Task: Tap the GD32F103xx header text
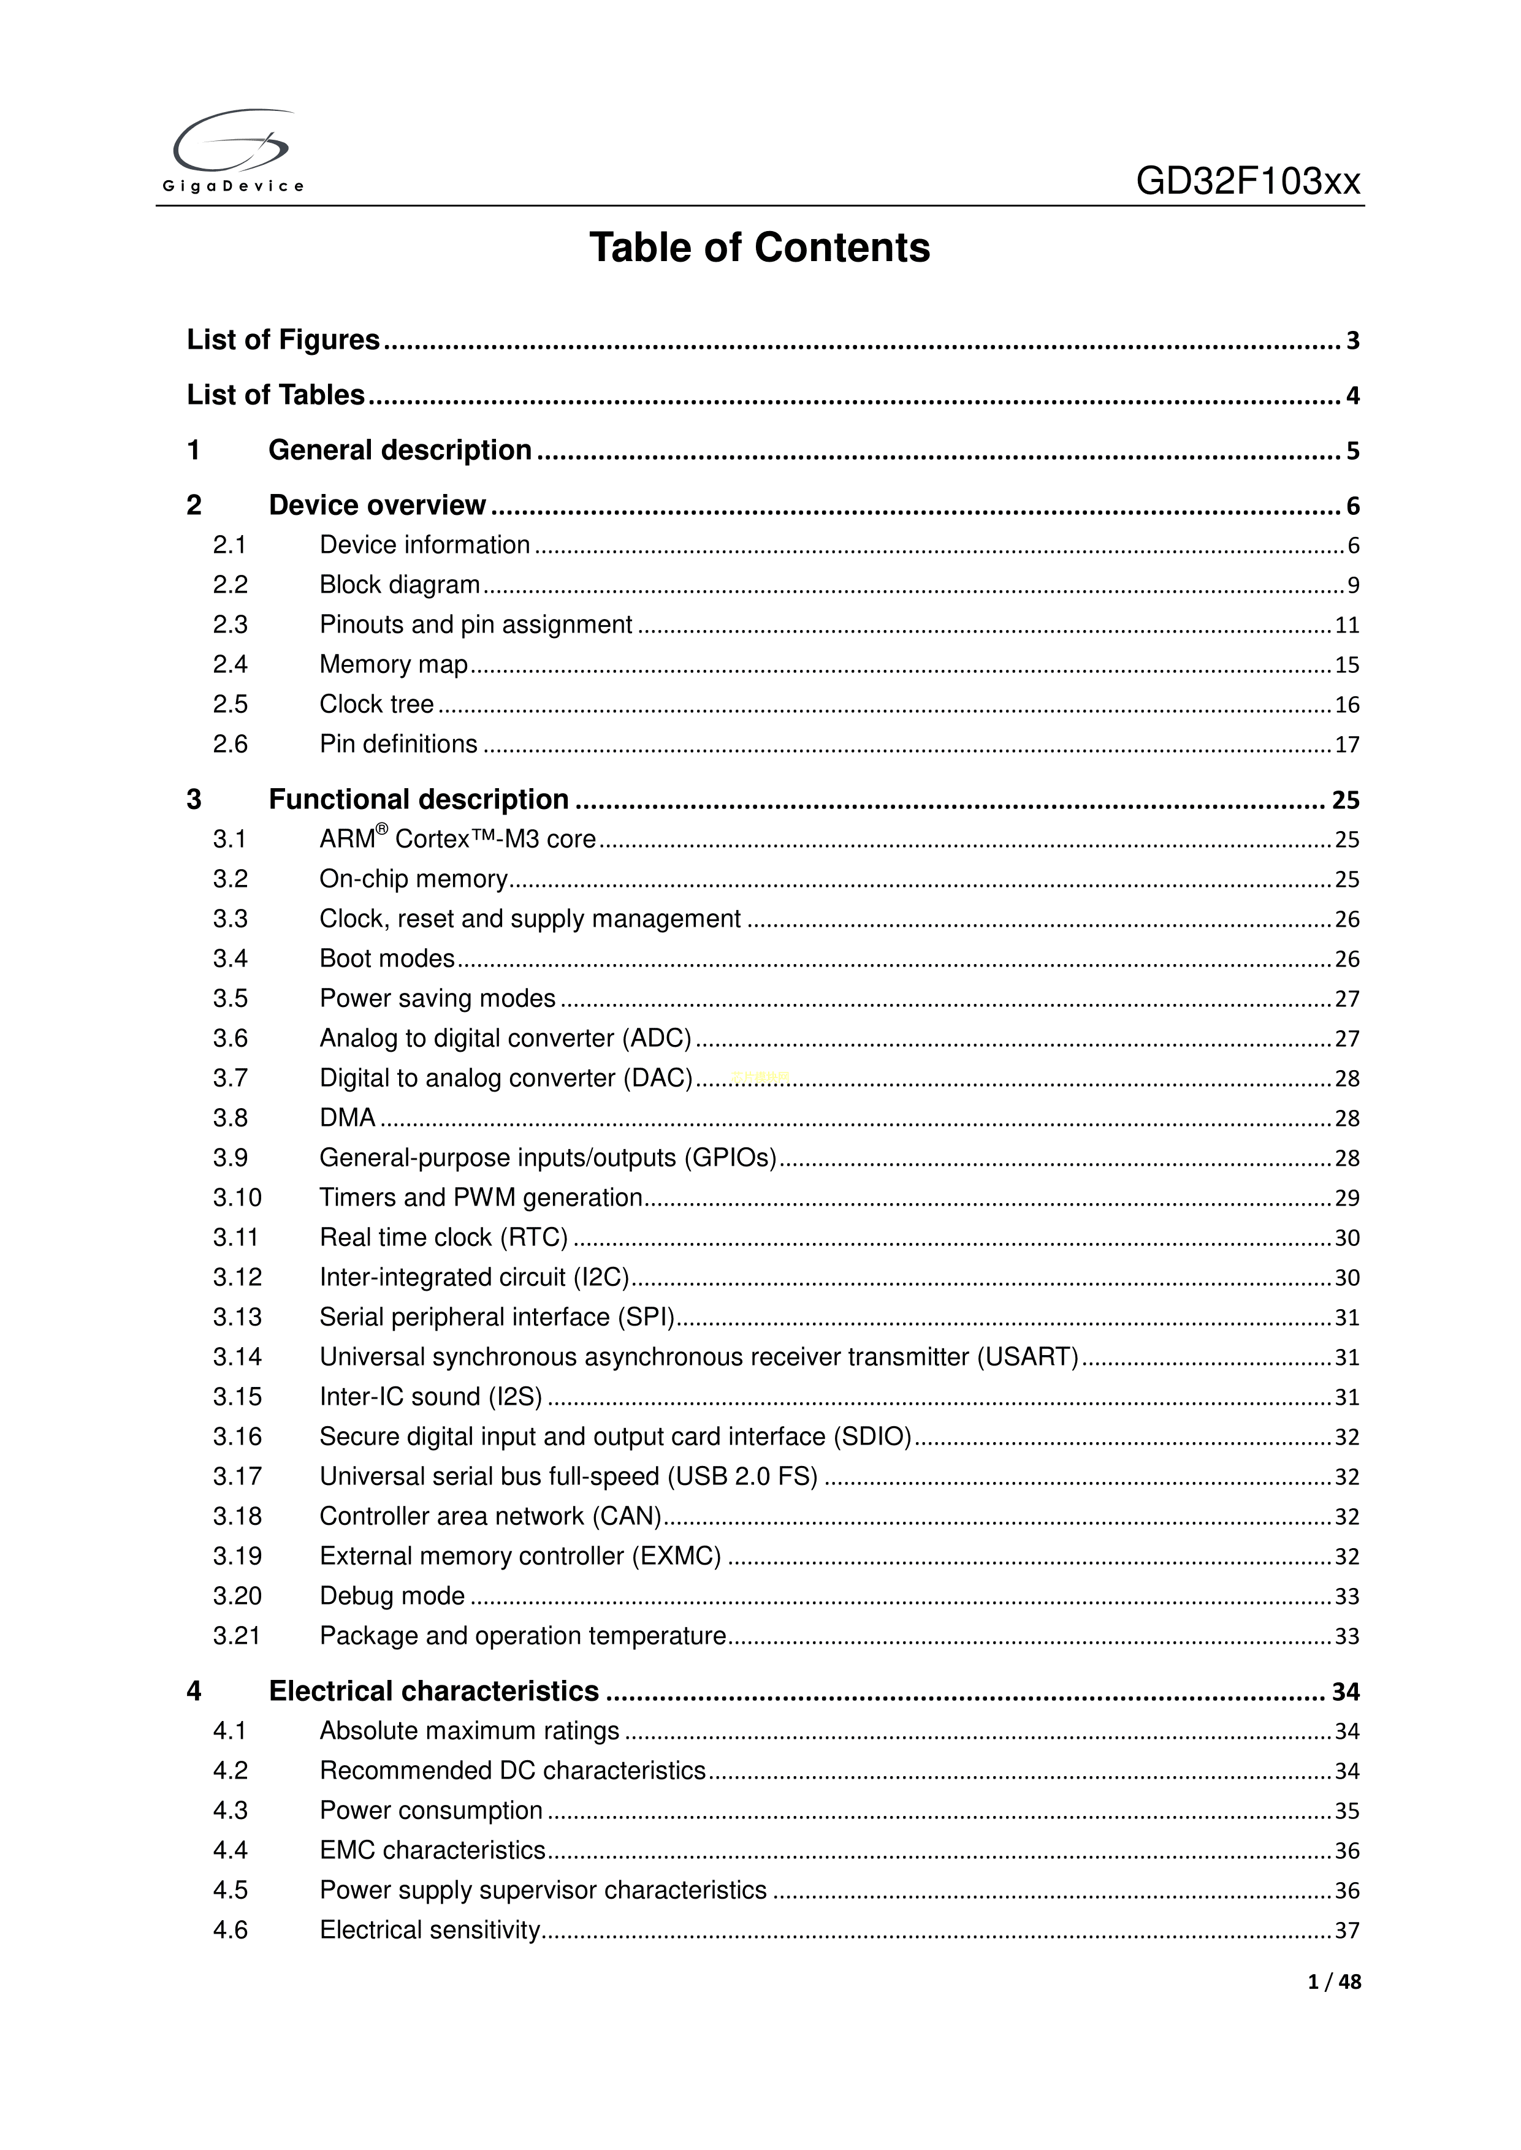coord(1248,181)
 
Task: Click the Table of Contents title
coord(760,248)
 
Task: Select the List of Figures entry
coord(283,340)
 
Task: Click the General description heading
coord(400,450)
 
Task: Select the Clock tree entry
coord(376,704)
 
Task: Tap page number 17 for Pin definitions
coord(1346,745)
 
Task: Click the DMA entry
coord(348,1118)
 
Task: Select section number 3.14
coord(237,1357)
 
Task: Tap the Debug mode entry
coord(392,1595)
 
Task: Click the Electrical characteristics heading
coord(433,1691)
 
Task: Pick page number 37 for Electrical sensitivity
coord(1346,1931)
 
